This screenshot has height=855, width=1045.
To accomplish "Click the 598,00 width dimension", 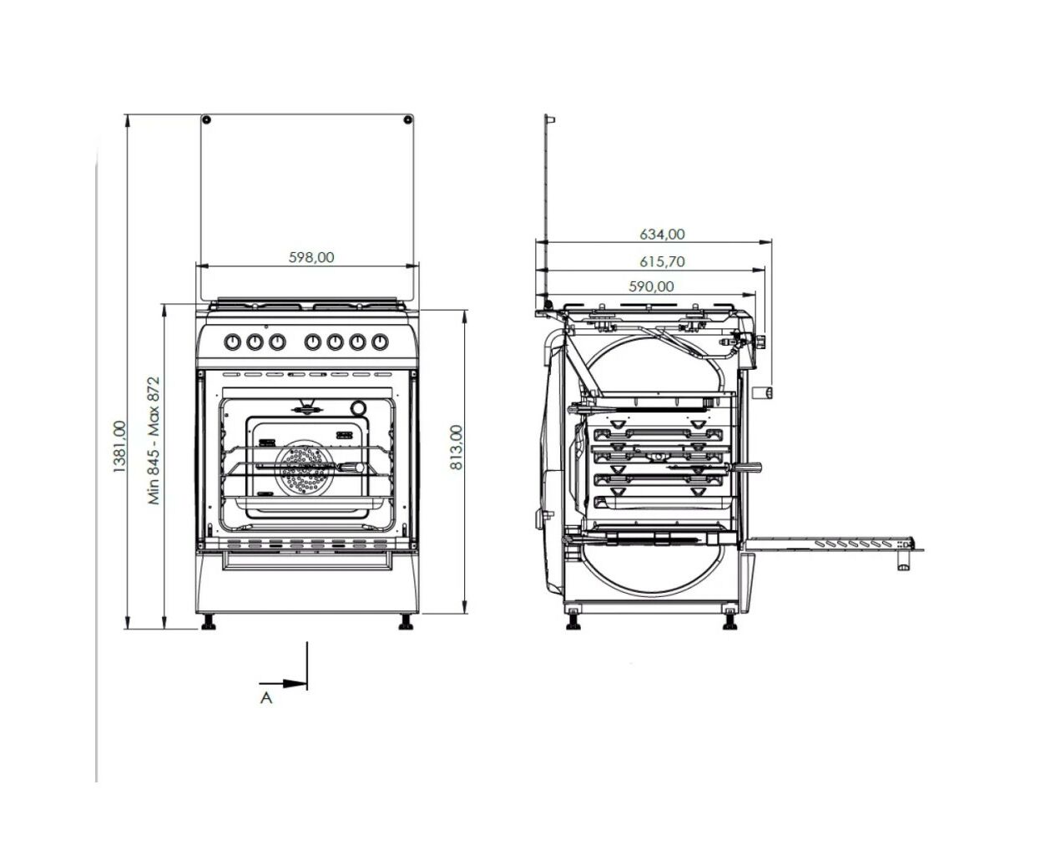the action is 311,257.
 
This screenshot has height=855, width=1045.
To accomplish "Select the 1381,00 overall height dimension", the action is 119,446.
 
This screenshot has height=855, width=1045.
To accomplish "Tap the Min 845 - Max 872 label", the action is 154,441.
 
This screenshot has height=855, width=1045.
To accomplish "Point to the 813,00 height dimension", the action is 456,447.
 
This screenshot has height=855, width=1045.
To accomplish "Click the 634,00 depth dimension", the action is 662,234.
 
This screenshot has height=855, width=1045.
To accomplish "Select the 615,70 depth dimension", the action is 662,261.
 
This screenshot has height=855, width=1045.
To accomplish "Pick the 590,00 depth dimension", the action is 651,286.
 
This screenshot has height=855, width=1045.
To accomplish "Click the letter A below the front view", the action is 266,698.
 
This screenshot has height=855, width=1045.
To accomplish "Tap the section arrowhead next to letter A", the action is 295,684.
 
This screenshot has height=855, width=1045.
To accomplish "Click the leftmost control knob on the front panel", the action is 232,342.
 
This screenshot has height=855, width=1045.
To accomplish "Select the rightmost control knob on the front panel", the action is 380,342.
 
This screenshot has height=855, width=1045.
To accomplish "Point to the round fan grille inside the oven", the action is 303,468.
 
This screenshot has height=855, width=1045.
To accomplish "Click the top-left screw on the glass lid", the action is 207,119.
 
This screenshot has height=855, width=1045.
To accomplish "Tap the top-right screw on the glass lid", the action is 408,119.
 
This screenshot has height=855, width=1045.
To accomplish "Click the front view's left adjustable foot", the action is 210,623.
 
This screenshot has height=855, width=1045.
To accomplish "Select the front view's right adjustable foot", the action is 406,623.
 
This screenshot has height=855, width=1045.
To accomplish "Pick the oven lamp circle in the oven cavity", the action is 358,408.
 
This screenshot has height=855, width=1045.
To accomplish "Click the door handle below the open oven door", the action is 904,559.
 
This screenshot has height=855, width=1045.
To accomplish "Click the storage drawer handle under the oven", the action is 307,560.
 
